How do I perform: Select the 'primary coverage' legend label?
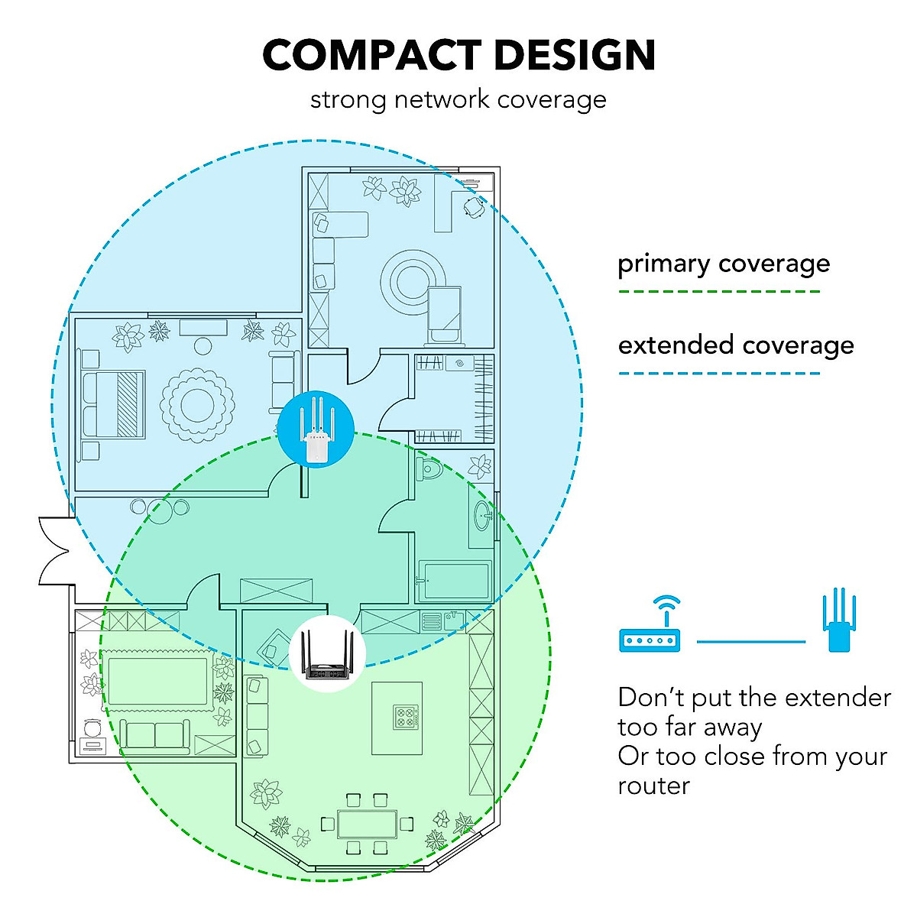[x=723, y=264]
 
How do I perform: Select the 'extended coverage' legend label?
[x=736, y=345]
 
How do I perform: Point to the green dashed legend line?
[x=718, y=291]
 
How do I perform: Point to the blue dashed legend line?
[x=718, y=374]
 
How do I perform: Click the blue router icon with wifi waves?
[x=649, y=627]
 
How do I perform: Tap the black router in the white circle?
[x=328, y=654]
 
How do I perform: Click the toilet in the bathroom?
[x=429, y=468]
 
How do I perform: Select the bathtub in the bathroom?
[x=454, y=582]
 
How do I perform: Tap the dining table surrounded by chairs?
[x=367, y=825]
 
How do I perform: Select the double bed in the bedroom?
[x=114, y=404]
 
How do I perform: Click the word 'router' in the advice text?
[x=653, y=786]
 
